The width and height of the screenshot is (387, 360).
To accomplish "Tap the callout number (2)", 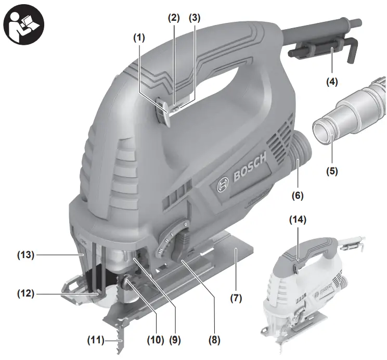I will tap(174, 17).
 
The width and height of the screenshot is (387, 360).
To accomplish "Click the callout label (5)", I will tap(331, 170).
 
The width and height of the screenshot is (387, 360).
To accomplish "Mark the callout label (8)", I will tap(214, 341).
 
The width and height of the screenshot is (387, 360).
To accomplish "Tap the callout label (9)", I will tap(175, 341).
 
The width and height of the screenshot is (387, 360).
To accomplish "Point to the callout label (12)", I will tap(25, 293).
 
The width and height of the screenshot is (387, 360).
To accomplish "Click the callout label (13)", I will tap(25, 255).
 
